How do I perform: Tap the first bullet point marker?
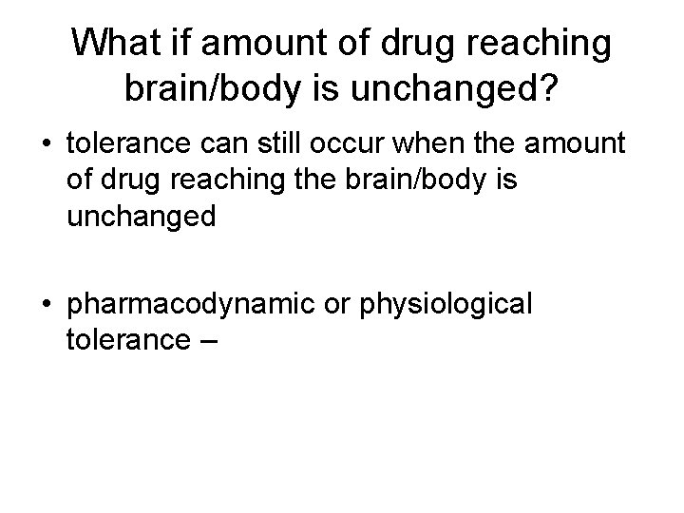[x=47, y=144]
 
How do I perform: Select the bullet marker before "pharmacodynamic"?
[x=47, y=304]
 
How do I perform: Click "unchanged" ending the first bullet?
[x=142, y=217]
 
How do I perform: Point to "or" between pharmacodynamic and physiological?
[x=339, y=304]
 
